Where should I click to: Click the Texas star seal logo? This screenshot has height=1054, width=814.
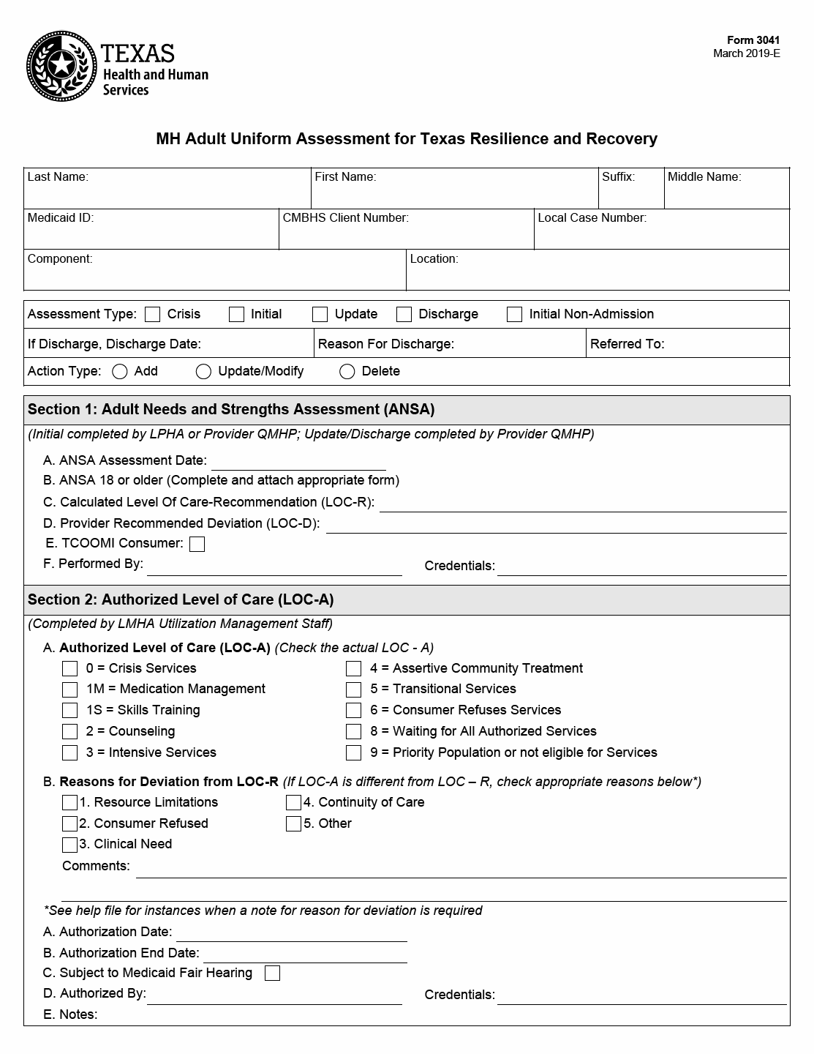click(x=61, y=67)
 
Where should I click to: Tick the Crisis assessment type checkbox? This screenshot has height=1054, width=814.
click(x=153, y=315)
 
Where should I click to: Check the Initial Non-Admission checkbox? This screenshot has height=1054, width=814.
click(x=515, y=315)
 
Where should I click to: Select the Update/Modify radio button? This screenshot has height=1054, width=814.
click(x=203, y=372)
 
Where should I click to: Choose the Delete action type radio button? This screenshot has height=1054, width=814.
click(x=347, y=372)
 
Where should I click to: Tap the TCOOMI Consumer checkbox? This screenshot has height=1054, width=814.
click(x=197, y=544)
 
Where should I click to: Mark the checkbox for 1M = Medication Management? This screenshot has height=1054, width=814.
click(x=69, y=689)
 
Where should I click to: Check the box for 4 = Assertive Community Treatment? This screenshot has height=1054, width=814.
click(x=354, y=668)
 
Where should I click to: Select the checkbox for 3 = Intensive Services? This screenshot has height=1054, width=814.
click(x=69, y=752)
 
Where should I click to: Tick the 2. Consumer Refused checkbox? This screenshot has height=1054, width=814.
click(x=69, y=824)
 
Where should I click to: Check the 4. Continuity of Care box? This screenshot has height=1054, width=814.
click(x=293, y=803)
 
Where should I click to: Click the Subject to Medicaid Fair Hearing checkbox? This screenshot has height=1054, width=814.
click(x=272, y=973)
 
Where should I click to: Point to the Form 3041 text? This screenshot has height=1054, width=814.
click(x=753, y=41)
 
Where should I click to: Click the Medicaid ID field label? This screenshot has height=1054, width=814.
click(x=61, y=218)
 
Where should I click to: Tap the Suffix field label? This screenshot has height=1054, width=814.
click(x=618, y=177)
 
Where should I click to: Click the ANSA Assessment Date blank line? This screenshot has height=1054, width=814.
click(x=298, y=463)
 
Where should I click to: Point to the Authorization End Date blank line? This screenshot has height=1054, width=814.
click(x=304, y=954)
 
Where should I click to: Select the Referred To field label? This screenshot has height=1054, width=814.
click(x=627, y=344)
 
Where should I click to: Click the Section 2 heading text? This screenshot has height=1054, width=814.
click(x=181, y=600)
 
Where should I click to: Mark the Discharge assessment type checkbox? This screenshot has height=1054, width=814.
click(x=404, y=315)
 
